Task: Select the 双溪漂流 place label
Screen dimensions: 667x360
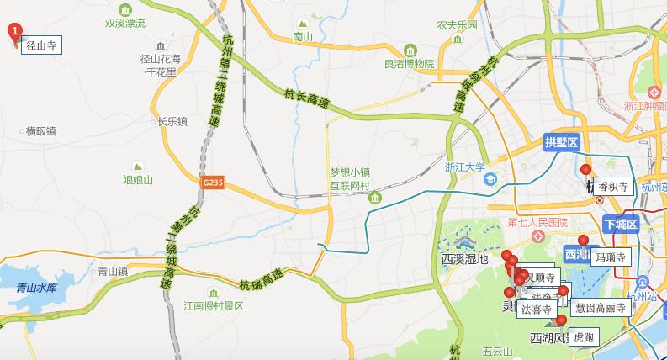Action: [124, 22]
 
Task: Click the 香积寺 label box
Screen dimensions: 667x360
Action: [613, 188]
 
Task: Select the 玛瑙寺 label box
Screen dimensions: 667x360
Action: [610, 257]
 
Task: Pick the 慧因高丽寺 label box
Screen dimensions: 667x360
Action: [601, 308]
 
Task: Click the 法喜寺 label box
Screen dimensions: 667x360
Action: [536, 309]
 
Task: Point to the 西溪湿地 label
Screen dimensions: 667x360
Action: [464, 259]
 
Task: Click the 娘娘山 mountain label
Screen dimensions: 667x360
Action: [138, 179]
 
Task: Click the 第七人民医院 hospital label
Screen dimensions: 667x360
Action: [538, 223]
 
